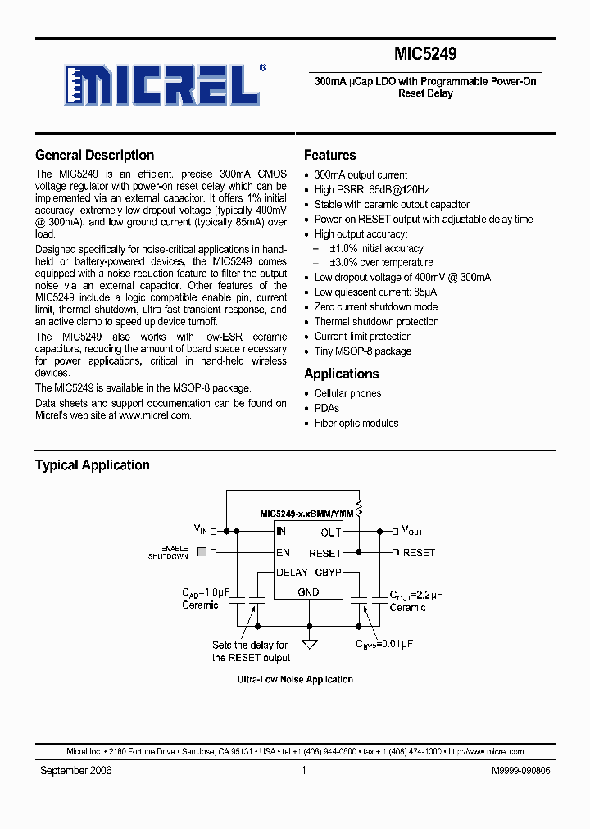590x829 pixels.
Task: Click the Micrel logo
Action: [165, 84]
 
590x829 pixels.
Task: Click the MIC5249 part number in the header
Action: [425, 54]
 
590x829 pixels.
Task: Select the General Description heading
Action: [94, 155]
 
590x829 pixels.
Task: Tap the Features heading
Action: [329, 155]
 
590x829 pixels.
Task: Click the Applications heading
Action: [341, 374]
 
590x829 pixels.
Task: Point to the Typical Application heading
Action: [92, 464]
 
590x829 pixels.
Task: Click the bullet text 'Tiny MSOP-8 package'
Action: [363, 351]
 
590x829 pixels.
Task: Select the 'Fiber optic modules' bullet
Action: [356, 424]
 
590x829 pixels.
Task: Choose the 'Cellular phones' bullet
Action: [347, 394]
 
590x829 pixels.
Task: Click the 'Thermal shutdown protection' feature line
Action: [376, 322]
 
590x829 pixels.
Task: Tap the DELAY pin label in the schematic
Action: [292, 573]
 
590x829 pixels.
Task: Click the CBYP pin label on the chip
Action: [328, 573]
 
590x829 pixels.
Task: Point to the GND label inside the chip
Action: [309, 591]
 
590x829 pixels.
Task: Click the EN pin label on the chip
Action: [284, 553]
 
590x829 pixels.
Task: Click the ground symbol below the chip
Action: [309, 641]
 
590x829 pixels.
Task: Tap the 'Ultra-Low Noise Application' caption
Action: [295, 679]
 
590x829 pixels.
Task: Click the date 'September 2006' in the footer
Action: [76, 771]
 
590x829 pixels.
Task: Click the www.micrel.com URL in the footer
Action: [492, 751]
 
